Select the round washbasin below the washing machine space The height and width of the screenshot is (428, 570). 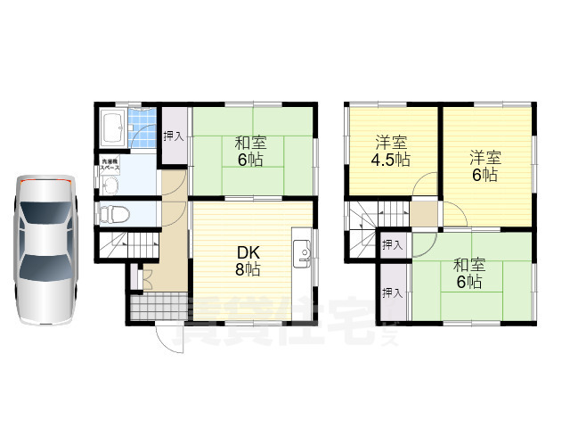(x=110, y=185)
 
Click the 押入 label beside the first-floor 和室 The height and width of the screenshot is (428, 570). (x=175, y=136)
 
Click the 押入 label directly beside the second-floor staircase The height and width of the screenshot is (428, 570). (x=393, y=244)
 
